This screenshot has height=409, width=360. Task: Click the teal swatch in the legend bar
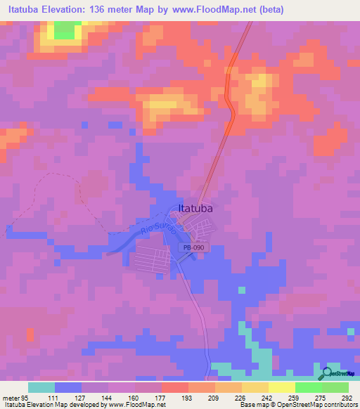[x=41, y=387]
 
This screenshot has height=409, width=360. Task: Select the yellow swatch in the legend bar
[x=282, y=387]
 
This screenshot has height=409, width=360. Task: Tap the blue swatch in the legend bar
[x=68, y=387]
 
